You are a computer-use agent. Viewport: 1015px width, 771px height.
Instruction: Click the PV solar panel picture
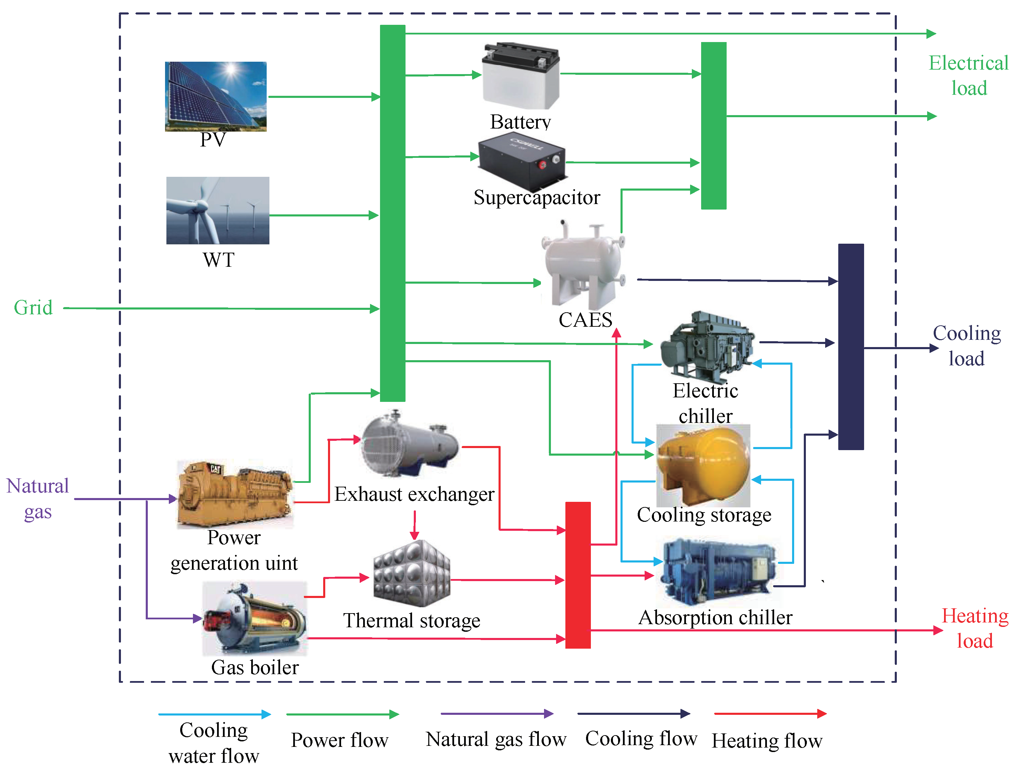point(216,97)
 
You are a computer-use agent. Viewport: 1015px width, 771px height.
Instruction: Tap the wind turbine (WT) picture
point(217,211)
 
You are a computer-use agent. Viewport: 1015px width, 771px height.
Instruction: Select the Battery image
point(521,76)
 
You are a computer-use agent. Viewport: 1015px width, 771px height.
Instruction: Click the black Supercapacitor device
point(522,161)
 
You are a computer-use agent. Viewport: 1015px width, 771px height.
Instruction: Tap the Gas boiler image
point(255,618)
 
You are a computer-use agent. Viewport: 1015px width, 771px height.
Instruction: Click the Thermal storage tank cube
point(412,574)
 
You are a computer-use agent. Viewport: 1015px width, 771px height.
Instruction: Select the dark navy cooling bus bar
point(851,346)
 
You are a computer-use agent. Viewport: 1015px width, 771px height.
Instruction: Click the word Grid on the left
point(33,308)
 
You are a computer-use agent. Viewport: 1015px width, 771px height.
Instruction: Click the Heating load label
point(975,628)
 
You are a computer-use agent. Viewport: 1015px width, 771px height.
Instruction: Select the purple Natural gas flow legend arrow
point(496,714)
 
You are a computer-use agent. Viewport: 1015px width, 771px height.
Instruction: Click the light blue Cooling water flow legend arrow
point(214,714)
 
